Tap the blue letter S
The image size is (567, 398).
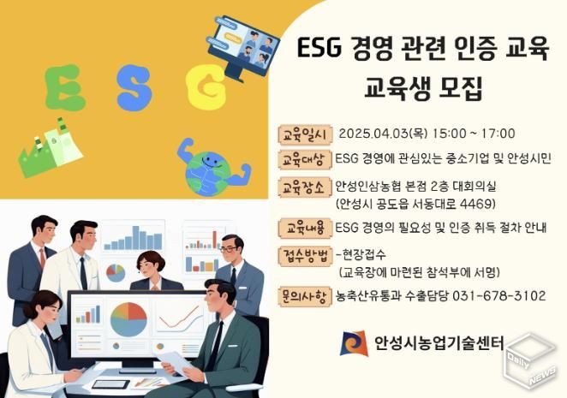coord(134,83)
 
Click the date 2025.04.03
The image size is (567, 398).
coord(373,134)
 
